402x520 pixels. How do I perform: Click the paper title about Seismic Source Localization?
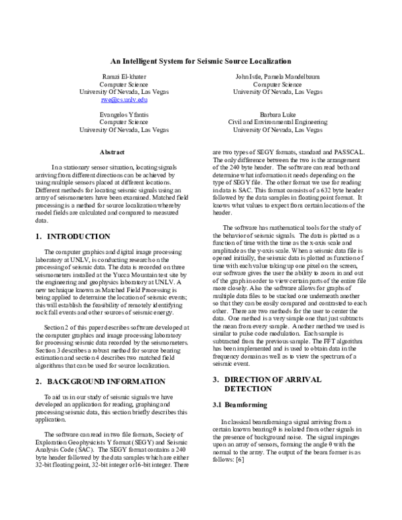(x=201, y=60)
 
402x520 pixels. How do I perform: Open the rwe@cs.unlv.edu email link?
(x=124, y=99)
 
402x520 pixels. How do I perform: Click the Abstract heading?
(x=111, y=152)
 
